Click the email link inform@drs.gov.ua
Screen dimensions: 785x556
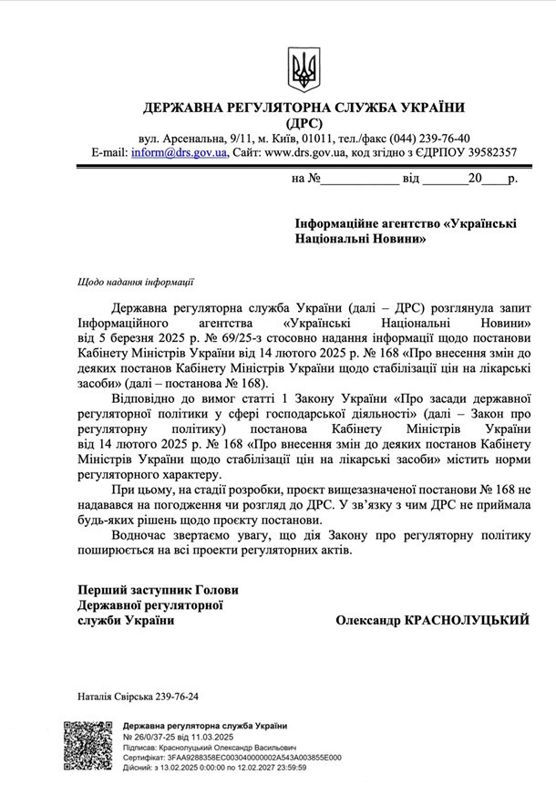pyautogui.click(x=179, y=152)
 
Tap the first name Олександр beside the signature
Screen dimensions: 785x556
pyautogui.click(x=366, y=620)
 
